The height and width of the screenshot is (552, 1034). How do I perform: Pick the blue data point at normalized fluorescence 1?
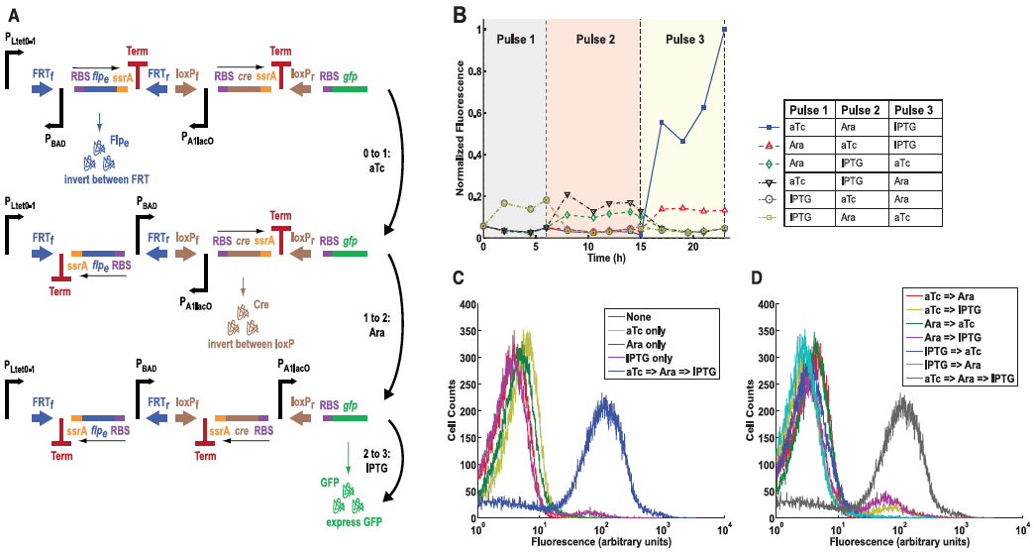click(725, 30)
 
